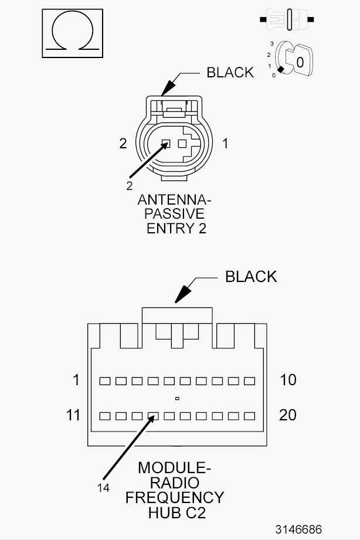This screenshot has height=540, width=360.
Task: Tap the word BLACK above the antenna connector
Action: [x=230, y=72]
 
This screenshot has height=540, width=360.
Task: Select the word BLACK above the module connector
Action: [x=251, y=277]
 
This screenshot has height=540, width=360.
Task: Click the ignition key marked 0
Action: [x=294, y=59]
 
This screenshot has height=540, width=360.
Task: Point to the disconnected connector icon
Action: [x=287, y=19]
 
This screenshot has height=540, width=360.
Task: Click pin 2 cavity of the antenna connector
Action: [x=166, y=143]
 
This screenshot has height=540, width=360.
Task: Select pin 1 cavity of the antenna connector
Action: [x=182, y=143]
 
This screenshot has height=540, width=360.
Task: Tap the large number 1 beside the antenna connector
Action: [x=225, y=143]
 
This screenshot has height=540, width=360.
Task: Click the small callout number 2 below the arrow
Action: [x=129, y=186]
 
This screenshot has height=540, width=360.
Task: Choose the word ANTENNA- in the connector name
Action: [x=174, y=199]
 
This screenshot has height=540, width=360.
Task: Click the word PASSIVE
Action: [x=174, y=214]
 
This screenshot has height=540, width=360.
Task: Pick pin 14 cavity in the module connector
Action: [x=153, y=416]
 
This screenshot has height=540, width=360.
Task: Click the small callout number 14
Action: [x=103, y=488]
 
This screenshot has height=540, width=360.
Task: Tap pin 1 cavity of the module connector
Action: [x=105, y=381]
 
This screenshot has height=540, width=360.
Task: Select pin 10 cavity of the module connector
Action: [x=249, y=381]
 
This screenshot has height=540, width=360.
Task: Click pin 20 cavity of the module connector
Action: [x=249, y=416]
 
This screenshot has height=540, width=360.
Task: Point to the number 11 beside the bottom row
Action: [x=73, y=415]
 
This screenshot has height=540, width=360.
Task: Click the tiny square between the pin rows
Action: [x=177, y=399]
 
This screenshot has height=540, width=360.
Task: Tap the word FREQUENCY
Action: [x=175, y=498]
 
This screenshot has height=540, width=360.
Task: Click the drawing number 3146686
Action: [x=298, y=529]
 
